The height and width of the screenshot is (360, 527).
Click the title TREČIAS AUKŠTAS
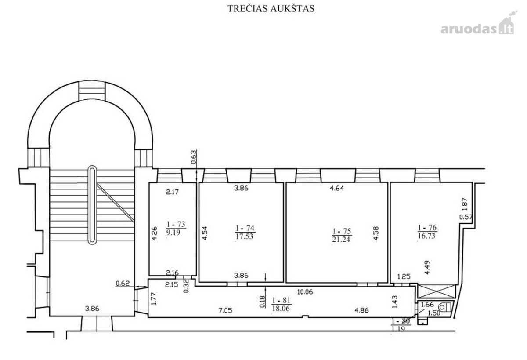click(x=271, y=8)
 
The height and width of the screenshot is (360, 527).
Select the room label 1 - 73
click(x=176, y=224)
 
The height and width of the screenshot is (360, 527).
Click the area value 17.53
click(x=244, y=236)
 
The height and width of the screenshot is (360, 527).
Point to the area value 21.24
click(x=341, y=239)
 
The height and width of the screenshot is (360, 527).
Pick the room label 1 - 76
click(x=427, y=228)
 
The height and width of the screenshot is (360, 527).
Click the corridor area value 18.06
click(x=281, y=308)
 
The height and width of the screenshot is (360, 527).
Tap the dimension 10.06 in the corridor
click(x=305, y=292)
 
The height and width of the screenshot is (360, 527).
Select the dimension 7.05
click(x=225, y=311)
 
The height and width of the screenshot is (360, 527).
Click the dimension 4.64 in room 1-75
click(x=337, y=188)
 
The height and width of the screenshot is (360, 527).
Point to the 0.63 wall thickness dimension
click(x=193, y=157)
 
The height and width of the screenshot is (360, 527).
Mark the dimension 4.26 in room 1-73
click(x=154, y=233)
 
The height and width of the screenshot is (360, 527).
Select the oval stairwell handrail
click(x=92, y=204)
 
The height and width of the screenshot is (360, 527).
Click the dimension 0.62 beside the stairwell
click(x=123, y=283)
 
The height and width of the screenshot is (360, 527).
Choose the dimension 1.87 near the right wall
click(x=465, y=205)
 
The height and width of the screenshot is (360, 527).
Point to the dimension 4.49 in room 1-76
click(x=427, y=267)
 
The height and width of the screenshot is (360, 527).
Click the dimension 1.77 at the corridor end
click(x=154, y=298)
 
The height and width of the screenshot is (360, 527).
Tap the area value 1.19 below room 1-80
click(x=398, y=328)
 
